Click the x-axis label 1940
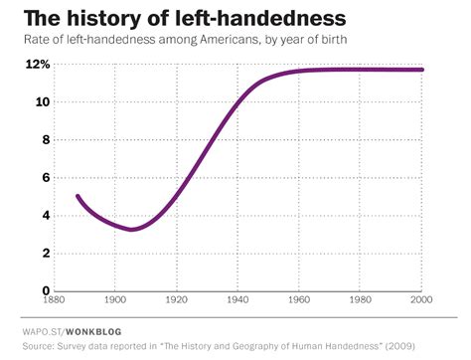pyautogui.click(x=237, y=300)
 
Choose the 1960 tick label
pyautogui.click(x=299, y=300)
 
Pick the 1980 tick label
pyautogui.click(x=361, y=300)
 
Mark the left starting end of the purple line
pyautogui.click(x=78, y=196)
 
